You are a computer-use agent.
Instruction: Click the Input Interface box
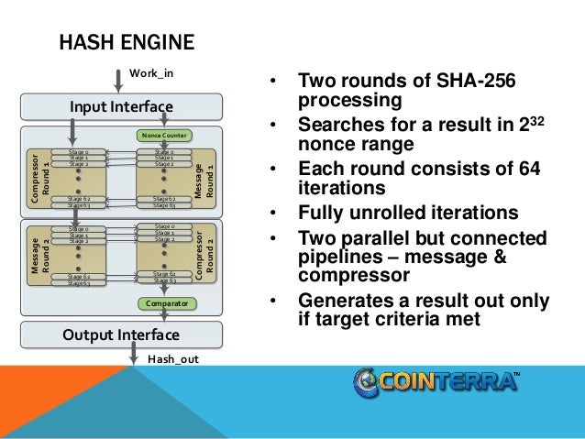click(122, 107)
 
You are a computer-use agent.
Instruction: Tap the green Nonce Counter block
click(162, 135)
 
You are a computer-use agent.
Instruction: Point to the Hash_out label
click(172, 360)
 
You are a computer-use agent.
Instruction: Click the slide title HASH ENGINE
click(127, 42)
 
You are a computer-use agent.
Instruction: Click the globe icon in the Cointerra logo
click(366, 382)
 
